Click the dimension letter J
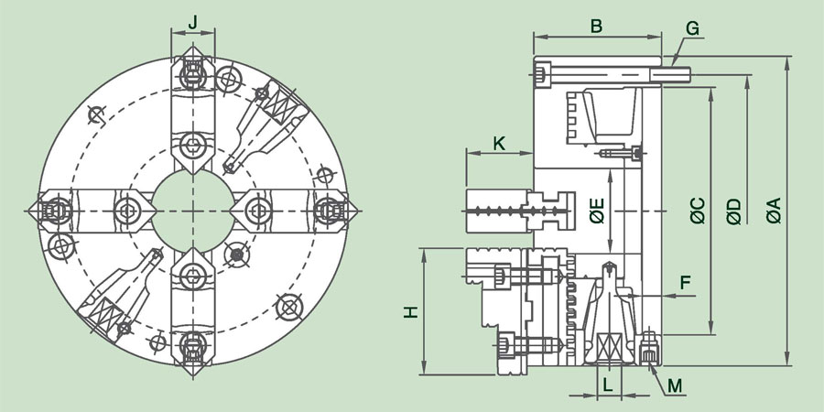point(193,22)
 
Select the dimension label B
point(596,27)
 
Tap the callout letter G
point(693,28)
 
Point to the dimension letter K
point(499,143)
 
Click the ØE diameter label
point(597,211)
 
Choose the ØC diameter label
point(698,211)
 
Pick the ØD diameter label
point(734,211)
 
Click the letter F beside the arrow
point(685,283)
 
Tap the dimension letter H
point(411,311)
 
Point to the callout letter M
point(675,386)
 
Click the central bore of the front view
point(193,211)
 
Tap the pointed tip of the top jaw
point(193,47)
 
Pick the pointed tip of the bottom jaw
point(193,375)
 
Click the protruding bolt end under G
point(670,75)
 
